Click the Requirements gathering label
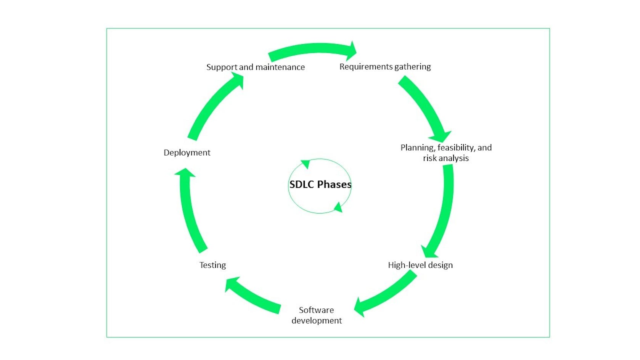tap(385, 67)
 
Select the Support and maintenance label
tap(256, 67)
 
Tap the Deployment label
tap(187, 153)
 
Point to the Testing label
tap(212, 265)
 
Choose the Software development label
tap(317, 315)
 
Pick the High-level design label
tap(420, 265)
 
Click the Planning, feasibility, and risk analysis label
tap(446, 153)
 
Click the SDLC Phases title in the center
tap(320, 185)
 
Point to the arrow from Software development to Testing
tap(252, 296)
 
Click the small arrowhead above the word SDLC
tap(306, 164)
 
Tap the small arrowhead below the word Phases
tap(338, 207)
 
